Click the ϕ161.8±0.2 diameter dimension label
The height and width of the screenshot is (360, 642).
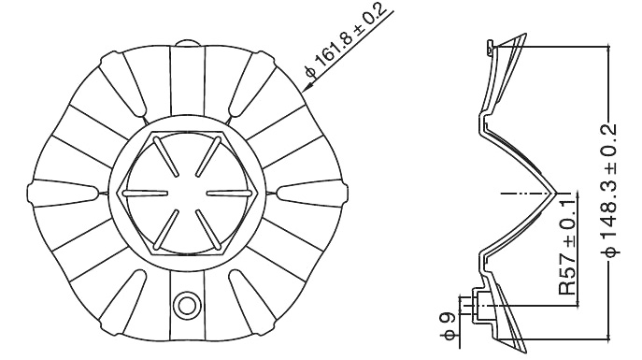(346, 39)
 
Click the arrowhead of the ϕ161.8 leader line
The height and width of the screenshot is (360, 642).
(307, 86)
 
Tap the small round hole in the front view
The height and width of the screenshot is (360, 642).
(187, 305)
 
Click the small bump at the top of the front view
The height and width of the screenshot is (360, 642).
(187, 43)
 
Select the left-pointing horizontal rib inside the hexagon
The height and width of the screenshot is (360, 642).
(146, 193)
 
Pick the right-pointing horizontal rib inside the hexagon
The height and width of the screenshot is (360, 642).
(229, 193)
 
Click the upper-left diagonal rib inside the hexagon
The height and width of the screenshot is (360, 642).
(166, 157)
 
